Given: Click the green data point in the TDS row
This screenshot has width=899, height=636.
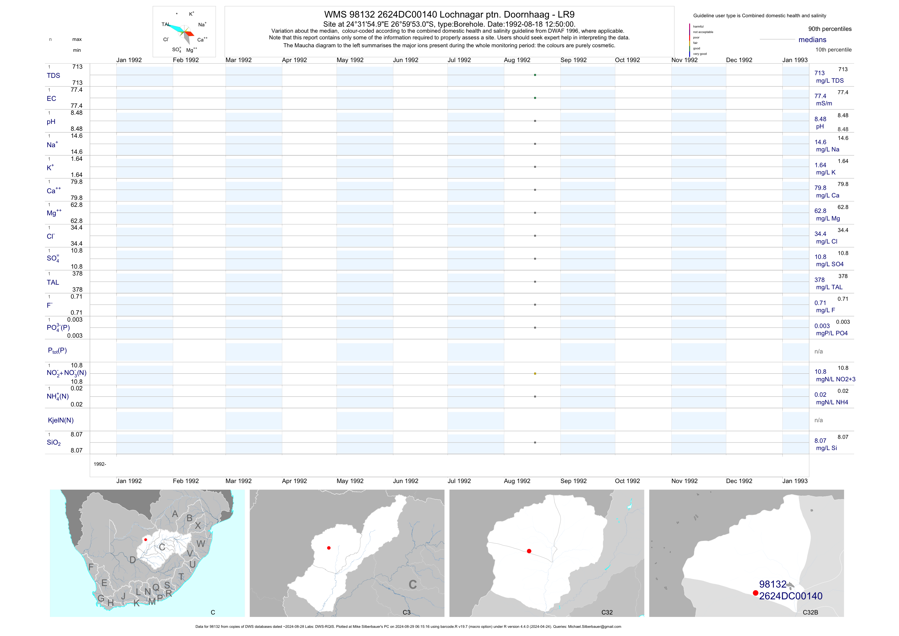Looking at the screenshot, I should pos(535,75).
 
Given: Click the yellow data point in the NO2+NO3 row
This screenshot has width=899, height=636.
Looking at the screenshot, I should pos(535,374).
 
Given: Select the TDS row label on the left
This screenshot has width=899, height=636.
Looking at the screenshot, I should pos(53,76).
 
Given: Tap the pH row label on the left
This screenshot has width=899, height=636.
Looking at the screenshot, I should pos(51,122).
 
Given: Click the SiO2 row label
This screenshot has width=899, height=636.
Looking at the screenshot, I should pos(54,442).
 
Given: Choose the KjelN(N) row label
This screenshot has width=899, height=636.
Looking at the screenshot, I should pos(61,420).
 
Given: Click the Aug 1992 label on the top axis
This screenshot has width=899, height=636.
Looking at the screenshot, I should pos(517,60).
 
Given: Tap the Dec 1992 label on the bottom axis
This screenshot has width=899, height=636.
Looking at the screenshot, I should pos(739,481).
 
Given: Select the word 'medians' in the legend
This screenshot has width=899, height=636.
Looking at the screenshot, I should pos(812,40).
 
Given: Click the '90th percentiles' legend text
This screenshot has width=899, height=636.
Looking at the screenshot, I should pos(830,29).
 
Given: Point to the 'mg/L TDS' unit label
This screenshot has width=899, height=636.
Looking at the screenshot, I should pos(830,81).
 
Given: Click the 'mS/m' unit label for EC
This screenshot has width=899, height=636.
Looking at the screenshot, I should pos(824,103).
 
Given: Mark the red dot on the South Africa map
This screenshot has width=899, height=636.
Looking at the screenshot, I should pos(146,540).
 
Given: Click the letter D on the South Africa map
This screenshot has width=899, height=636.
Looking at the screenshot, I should pos(133,560).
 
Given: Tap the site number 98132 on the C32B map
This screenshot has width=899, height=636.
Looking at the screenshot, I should pos(772,584).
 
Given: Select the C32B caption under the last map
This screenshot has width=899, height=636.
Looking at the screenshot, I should pos(810,612).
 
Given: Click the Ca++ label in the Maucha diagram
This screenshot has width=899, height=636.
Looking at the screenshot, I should pos(202,40).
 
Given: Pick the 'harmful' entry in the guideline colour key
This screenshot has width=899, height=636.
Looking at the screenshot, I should pos(698,27).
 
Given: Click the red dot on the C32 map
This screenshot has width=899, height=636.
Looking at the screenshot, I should pos(529,551).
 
